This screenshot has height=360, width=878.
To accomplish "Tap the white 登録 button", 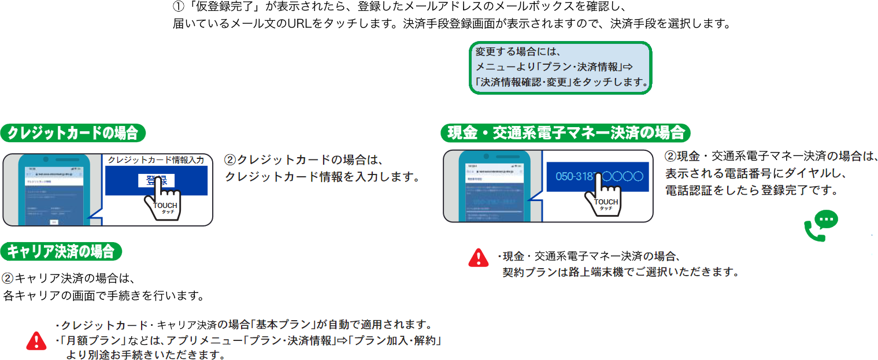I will pyautogui.click(x=156, y=181).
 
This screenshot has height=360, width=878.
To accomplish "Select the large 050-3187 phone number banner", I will pyautogui.click(x=599, y=176).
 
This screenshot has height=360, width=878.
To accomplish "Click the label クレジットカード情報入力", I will pyautogui.click(x=157, y=160).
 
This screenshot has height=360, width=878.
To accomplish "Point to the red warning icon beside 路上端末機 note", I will pyautogui.click(x=478, y=257).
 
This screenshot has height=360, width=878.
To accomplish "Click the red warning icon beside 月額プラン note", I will pyautogui.click(x=36, y=340).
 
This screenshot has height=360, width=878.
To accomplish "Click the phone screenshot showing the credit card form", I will pyautogui.click(x=53, y=189).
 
